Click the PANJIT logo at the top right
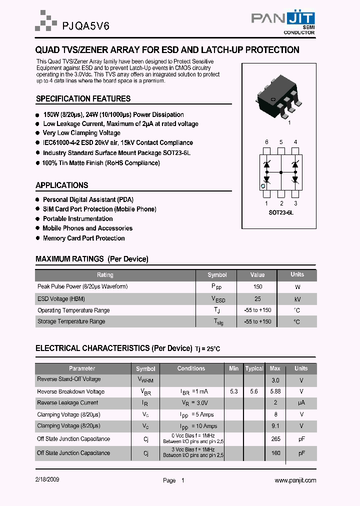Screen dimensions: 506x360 click(283, 22)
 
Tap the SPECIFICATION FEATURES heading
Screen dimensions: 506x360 click(83, 98)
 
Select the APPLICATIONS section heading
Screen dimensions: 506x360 click(62, 185)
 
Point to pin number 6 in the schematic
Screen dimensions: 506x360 click(266, 142)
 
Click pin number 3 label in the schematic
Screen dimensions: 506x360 click(295, 203)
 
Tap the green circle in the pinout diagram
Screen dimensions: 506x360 click(262, 186)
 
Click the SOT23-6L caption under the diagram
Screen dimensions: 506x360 click(281, 212)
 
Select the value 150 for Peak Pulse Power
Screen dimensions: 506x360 click(257, 287)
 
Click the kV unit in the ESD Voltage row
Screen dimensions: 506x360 click(297, 299)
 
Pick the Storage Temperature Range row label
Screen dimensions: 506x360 click(71, 321)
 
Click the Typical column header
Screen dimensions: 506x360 click(254, 368)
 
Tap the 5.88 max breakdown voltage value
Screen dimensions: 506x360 click(275, 391)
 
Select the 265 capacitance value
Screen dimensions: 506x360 click(275, 438)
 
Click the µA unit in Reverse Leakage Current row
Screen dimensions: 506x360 click(301, 402)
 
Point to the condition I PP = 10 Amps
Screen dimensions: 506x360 click(198, 426)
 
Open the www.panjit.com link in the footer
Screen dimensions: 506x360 click(295, 480)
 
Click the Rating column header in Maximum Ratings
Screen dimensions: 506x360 click(105, 275)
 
